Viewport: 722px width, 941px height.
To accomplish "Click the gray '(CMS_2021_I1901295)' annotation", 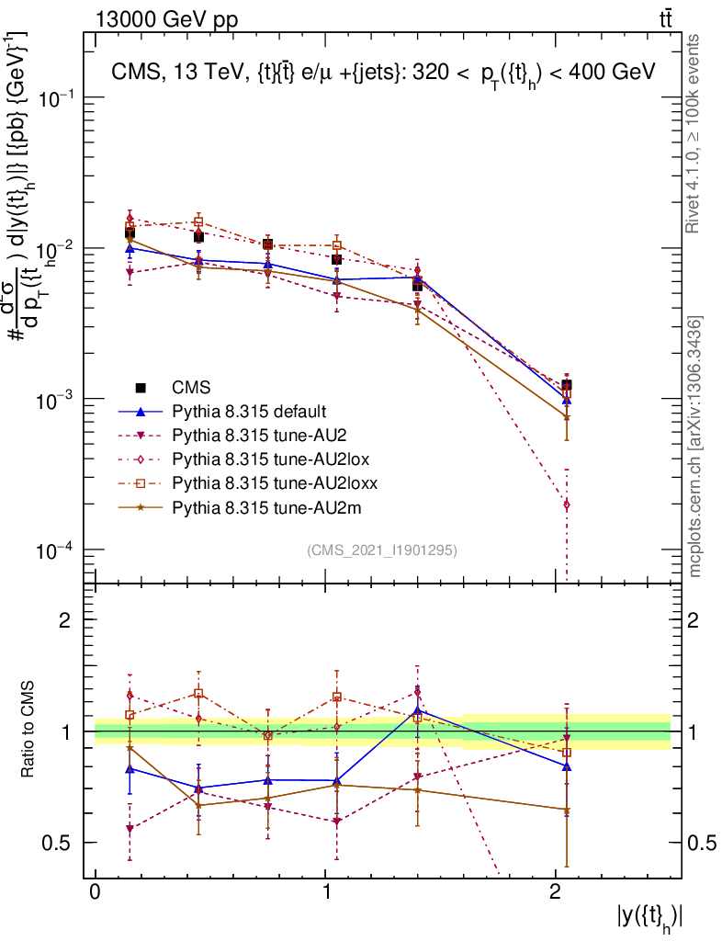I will click(382, 550).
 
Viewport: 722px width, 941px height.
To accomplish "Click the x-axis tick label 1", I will click(325, 894).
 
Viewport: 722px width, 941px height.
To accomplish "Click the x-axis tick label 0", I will click(95, 894).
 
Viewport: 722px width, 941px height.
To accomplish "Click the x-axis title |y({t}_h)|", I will click(649, 915).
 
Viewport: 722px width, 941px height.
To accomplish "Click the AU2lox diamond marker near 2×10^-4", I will click(567, 505).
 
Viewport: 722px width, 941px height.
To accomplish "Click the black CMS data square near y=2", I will click(567, 386).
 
